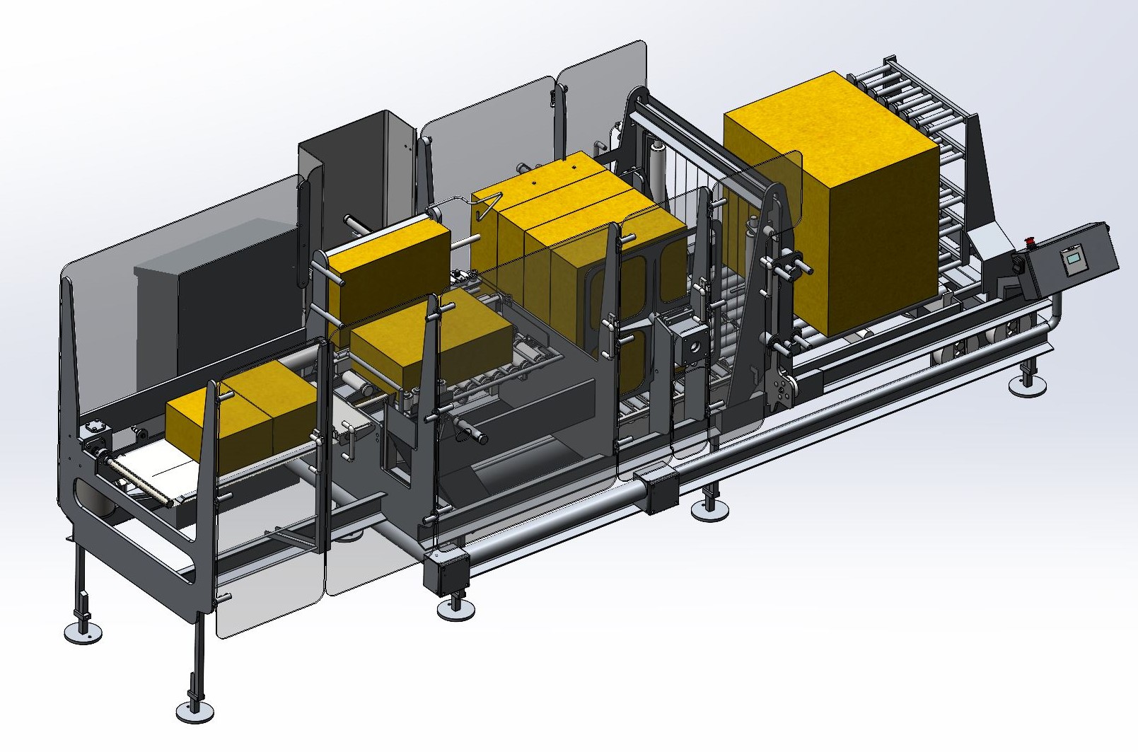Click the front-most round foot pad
[x=195, y=710]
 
